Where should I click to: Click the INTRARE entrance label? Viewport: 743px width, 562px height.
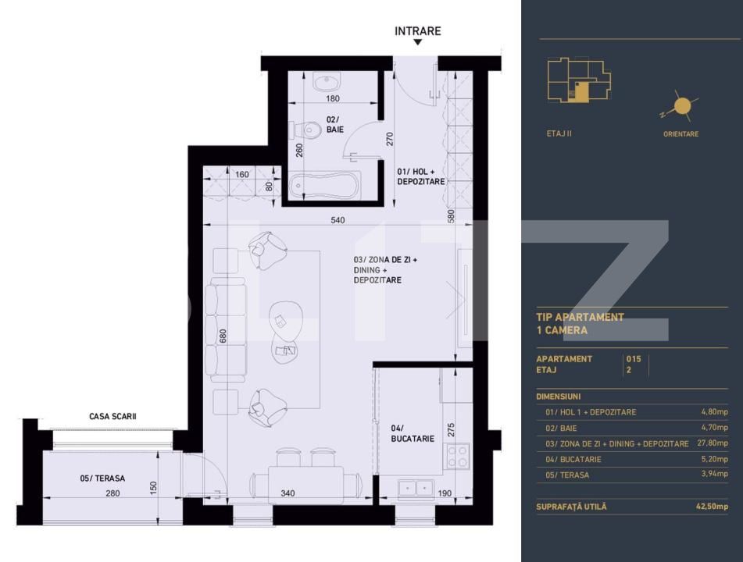417,31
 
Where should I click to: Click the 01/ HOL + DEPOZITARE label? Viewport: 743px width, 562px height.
420,176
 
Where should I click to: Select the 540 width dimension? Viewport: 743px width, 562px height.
338,220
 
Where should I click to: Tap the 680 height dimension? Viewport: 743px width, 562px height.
223,336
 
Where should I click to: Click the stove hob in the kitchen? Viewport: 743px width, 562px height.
457,454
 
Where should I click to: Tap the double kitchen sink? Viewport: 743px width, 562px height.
416,489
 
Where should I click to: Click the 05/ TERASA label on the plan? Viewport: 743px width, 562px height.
102,478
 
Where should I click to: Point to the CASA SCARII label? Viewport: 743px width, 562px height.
113,417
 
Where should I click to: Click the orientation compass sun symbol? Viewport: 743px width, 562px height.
682,106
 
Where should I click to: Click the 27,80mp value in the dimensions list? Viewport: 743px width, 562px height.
712,443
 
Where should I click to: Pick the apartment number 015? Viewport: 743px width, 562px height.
633,359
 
